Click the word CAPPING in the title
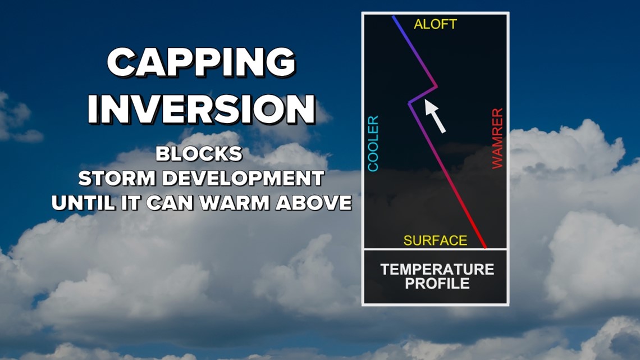point(201,62)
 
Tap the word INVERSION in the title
point(202,109)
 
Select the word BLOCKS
point(199,154)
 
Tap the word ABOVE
point(313,203)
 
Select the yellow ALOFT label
point(435,24)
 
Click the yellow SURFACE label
point(435,240)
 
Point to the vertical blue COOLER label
point(373,144)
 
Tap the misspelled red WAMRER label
point(497,138)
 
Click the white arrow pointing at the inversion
point(435,116)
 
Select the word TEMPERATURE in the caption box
point(437,270)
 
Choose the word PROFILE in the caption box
point(437,283)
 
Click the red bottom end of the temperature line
point(485,247)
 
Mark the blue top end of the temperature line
point(393,17)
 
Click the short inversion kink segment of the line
point(423,95)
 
